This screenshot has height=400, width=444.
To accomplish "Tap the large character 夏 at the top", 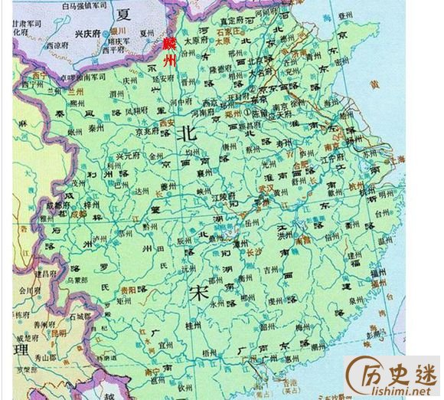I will point(123,14).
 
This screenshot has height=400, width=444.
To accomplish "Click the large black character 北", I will point(186,134).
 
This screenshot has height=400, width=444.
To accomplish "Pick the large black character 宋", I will point(200,292).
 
